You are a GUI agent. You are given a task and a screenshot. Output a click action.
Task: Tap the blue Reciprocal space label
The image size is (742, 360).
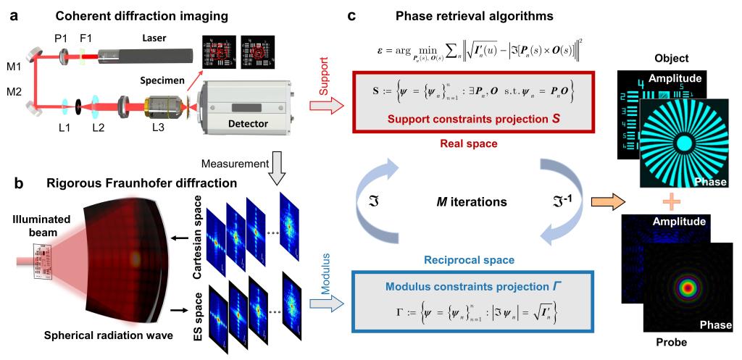coord(458,259)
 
